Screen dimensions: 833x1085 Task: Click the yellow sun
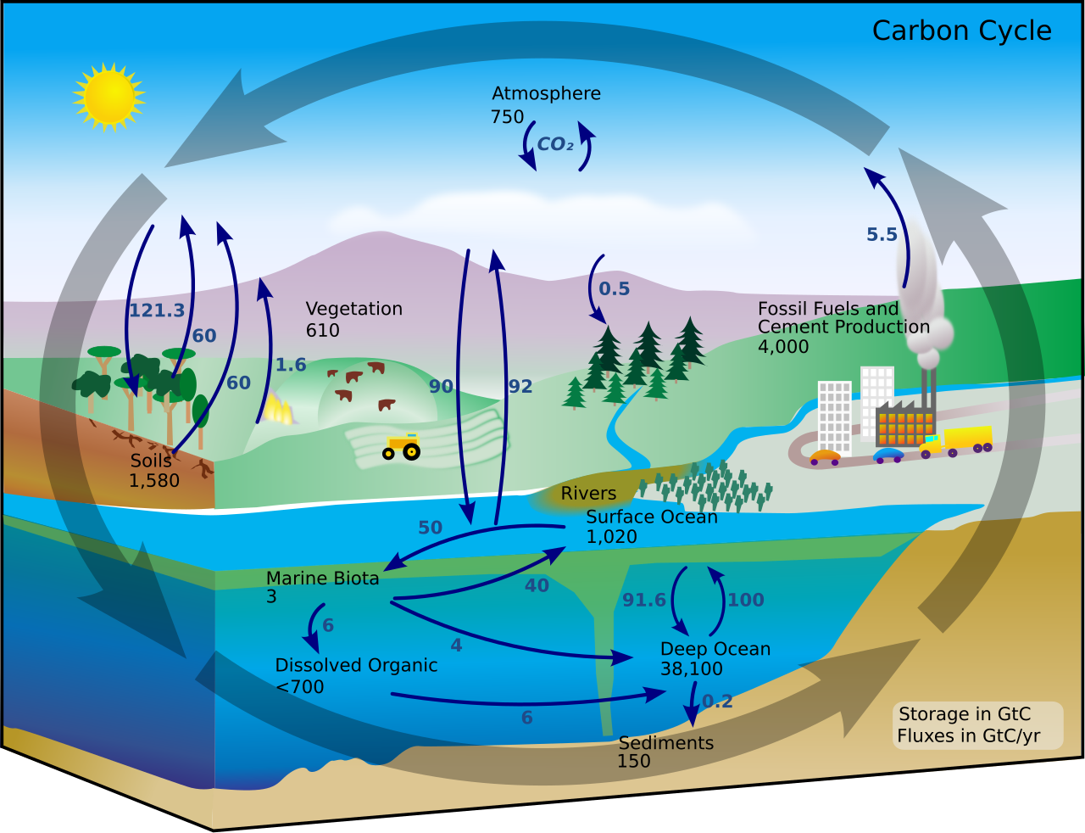pyautogui.click(x=108, y=97)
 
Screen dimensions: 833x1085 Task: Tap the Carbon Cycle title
pyautogui.click(x=961, y=31)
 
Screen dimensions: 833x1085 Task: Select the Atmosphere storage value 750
pyautogui.click(x=507, y=117)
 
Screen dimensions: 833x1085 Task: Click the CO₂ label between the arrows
pyautogui.click(x=555, y=145)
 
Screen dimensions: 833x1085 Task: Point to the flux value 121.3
pyautogui.click(x=156, y=310)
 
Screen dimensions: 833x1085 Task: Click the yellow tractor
pyautogui.click(x=402, y=446)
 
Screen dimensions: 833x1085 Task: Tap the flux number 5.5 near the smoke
pyautogui.click(x=882, y=235)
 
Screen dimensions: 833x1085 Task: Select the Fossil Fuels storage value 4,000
pyautogui.click(x=783, y=346)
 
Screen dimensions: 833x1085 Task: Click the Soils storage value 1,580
pyautogui.click(x=154, y=481)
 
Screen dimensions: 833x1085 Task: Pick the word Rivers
pyautogui.click(x=588, y=494)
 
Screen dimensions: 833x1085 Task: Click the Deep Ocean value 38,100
pyautogui.click(x=692, y=668)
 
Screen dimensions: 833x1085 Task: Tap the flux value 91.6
pyautogui.click(x=644, y=601)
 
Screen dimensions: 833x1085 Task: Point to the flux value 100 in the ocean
pyautogui.click(x=746, y=601)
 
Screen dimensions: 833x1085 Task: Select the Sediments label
pyautogui.click(x=666, y=743)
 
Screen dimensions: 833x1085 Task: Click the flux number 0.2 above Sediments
pyautogui.click(x=717, y=702)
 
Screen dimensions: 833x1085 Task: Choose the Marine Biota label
pyautogui.click(x=322, y=579)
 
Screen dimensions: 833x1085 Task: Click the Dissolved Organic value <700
pyautogui.click(x=300, y=687)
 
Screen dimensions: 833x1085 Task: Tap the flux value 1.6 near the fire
pyautogui.click(x=291, y=365)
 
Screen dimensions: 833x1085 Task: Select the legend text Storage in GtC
pyautogui.click(x=965, y=714)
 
